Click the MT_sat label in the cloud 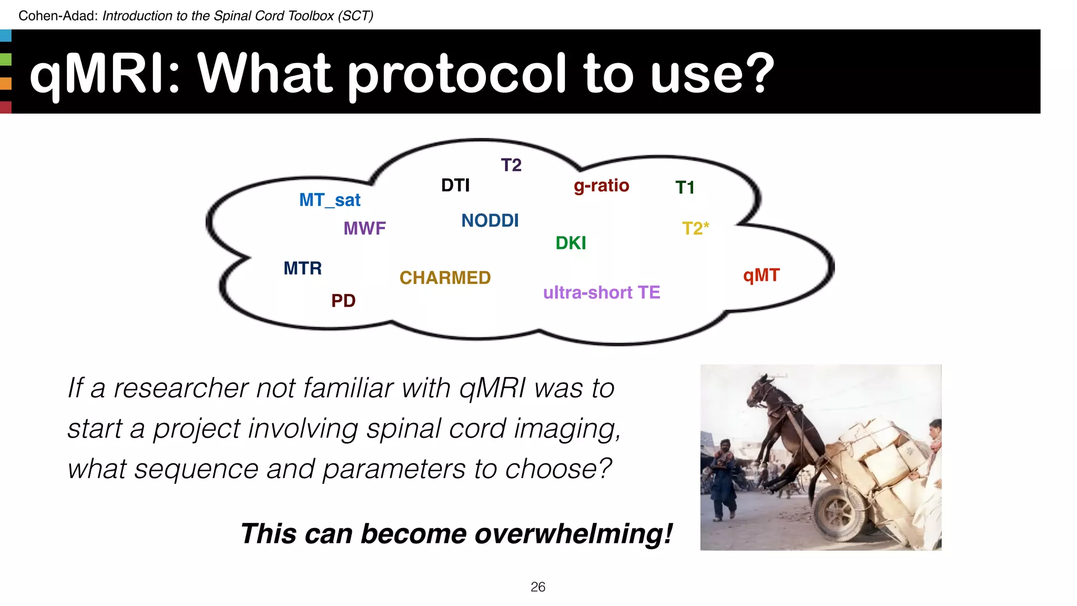tap(330, 200)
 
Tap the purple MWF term tap(364, 228)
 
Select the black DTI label tap(455, 185)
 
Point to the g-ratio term tap(601, 186)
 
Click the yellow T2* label tap(695, 228)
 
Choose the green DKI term tap(571, 243)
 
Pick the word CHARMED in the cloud tap(445, 278)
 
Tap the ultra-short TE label tap(601, 292)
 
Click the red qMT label tap(761, 275)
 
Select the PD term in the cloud tap(343, 301)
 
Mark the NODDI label tap(490, 220)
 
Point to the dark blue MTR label tap(302, 268)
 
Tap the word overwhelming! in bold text tap(573, 534)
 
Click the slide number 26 tap(537, 587)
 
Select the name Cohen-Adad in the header tap(58, 16)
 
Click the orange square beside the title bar tap(6, 83)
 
